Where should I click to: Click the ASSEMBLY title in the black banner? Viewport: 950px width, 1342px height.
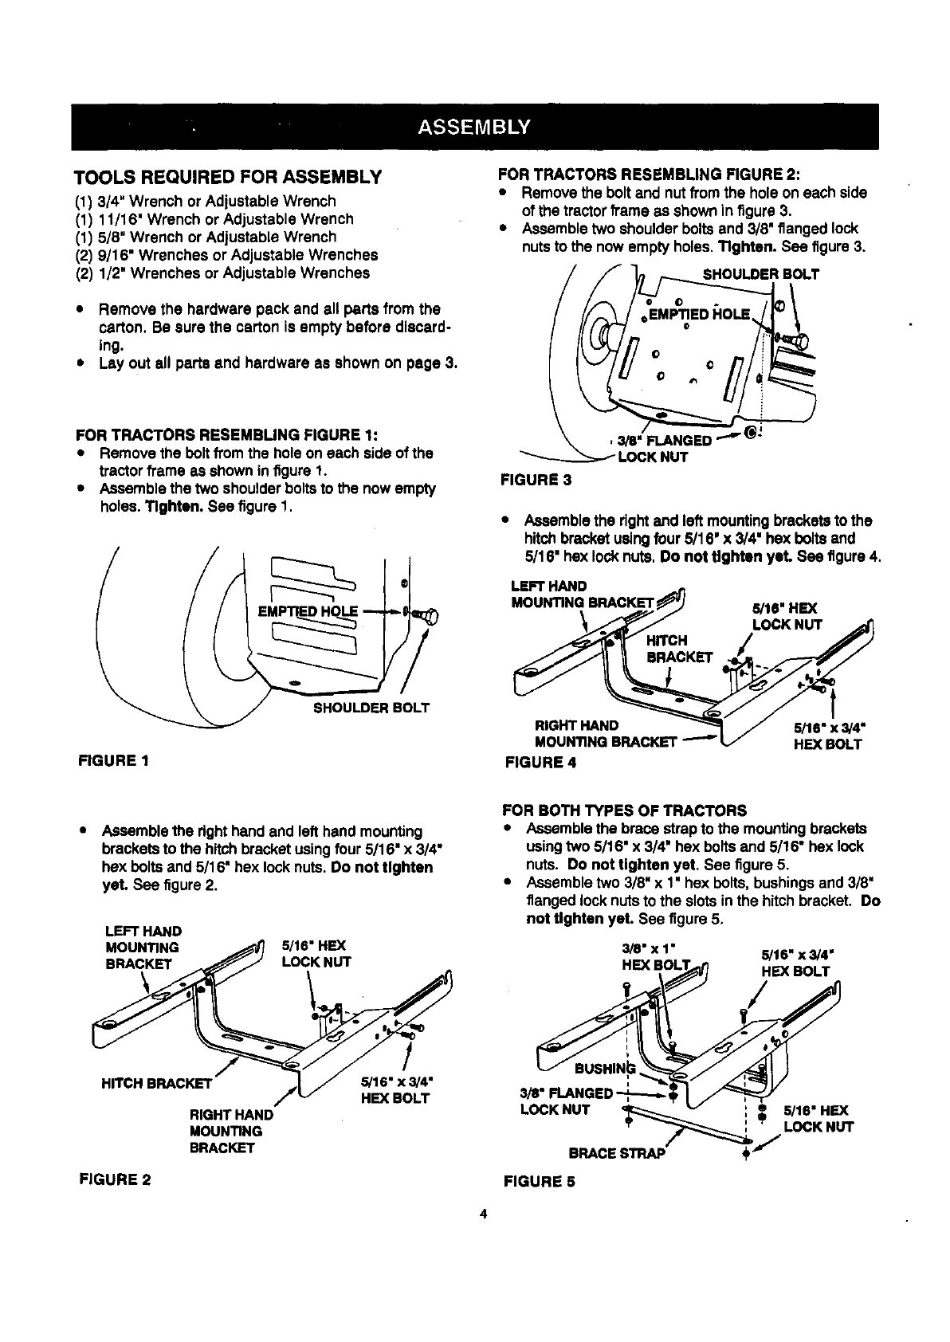pyautogui.click(x=474, y=128)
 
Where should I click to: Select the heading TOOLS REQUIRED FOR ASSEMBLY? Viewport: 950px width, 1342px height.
pyautogui.click(x=228, y=176)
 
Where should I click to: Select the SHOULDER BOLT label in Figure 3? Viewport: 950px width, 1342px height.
pyautogui.click(x=760, y=275)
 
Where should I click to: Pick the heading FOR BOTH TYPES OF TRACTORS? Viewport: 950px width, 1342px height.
pyautogui.click(x=624, y=810)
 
